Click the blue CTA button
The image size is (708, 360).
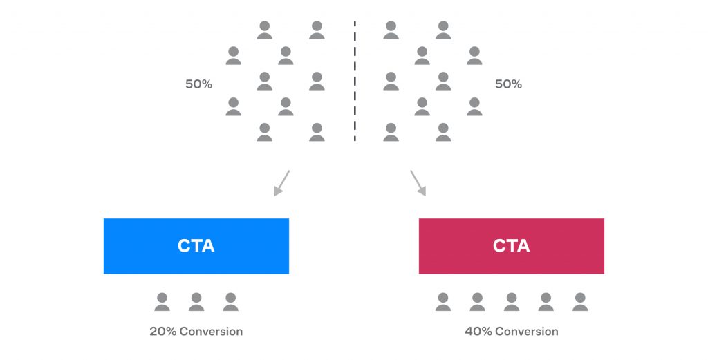click(196, 246)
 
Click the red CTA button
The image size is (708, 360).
click(511, 246)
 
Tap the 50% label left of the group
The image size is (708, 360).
click(198, 84)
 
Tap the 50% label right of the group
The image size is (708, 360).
click(508, 84)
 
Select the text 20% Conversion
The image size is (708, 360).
click(196, 332)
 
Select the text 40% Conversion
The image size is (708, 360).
click(511, 332)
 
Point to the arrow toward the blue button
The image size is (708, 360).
click(282, 182)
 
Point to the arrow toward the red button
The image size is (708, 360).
click(418, 182)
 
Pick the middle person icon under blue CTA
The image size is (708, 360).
click(196, 302)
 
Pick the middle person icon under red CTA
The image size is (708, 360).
click(511, 302)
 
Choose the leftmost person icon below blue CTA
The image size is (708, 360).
click(162, 302)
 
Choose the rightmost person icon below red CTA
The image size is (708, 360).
click(580, 302)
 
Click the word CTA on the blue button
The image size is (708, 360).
click(196, 246)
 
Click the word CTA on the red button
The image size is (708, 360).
click(511, 246)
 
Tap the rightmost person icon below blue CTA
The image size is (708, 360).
click(230, 302)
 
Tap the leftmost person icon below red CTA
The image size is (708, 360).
click(443, 302)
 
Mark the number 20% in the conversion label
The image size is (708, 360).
click(163, 332)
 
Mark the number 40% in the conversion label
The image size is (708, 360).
click(478, 332)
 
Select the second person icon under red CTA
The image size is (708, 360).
click(477, 302)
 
